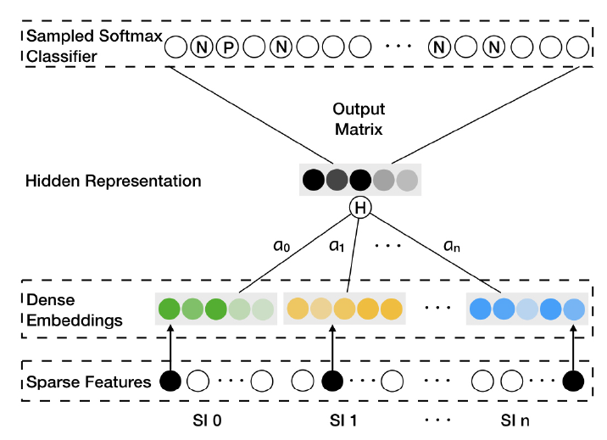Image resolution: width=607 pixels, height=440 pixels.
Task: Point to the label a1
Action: click(x=337, y=248)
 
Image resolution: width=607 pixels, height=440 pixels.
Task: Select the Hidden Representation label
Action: click(x=113, y=181)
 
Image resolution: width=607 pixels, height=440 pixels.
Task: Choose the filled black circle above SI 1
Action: click(x=331, y=382)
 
